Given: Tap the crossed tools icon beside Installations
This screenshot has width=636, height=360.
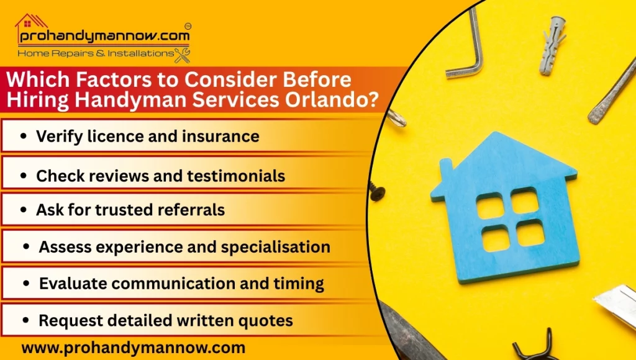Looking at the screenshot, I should coord(182,55).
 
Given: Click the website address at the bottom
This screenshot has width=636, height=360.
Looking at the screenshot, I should coord(133,348).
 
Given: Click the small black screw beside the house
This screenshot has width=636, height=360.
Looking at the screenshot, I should coord(376,191).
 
